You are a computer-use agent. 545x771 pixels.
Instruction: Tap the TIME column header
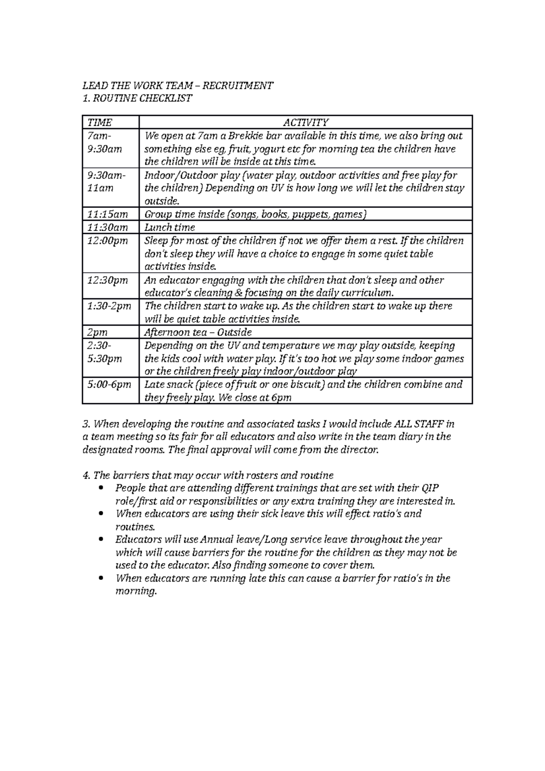[x=99, y=122]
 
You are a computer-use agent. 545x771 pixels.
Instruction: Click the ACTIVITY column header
[x=305, y=122]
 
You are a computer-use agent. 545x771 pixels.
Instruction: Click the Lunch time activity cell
[x=169, y=227]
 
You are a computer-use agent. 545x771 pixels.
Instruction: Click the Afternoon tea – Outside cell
[x=198, y=332]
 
